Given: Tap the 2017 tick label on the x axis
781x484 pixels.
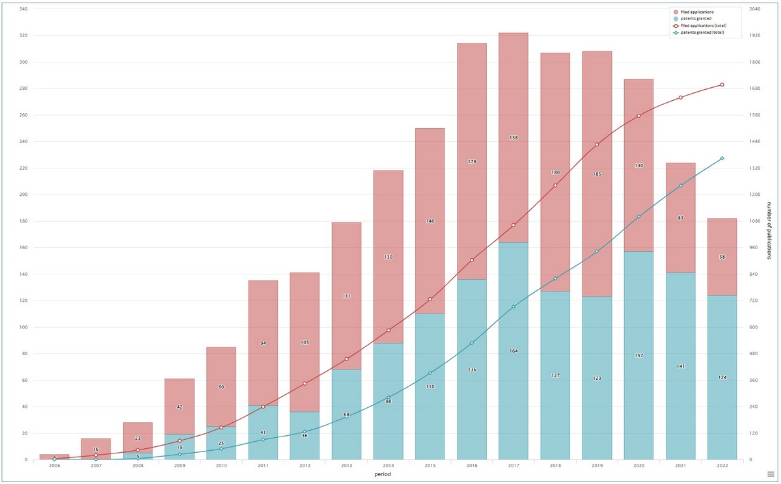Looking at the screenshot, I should pos(513,466).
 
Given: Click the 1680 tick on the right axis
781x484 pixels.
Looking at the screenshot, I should pos(755,88).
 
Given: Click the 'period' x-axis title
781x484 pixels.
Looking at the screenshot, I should pos(383,475).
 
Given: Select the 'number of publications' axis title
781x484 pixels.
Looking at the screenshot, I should pos(769,231).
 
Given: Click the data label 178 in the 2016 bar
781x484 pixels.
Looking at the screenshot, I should pos(472,162).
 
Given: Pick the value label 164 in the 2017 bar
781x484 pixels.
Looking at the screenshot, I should pos(514,351).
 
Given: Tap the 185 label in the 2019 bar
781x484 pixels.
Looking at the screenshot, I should pos(597,174).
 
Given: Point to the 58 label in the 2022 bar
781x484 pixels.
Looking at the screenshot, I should pos(722,257).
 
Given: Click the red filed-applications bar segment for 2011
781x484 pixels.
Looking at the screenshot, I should pos(263,312).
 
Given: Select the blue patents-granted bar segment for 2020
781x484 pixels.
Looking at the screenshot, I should pos(638,312).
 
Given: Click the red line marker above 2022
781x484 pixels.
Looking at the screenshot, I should pos(722,85).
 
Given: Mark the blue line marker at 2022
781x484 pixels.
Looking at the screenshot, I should pos(722,158).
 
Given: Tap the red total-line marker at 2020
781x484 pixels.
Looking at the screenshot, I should pos(638,116).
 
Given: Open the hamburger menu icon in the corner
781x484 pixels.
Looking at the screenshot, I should pos(770,474).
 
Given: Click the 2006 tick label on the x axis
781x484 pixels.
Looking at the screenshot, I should pos(54,466).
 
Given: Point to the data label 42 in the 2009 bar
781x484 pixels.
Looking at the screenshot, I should pos(180,407).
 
